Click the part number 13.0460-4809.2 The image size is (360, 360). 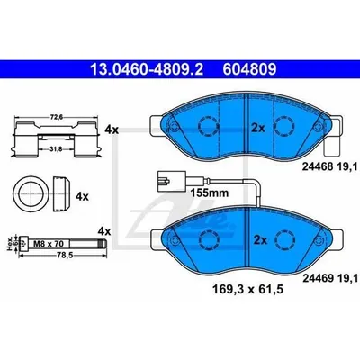(x=147, y=69)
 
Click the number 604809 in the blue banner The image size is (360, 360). (x=249, y=69)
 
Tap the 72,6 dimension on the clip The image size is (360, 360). (x=56, y=117)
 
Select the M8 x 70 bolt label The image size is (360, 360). (x=46, y=243)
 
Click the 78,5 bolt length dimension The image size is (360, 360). (x=61, y=255)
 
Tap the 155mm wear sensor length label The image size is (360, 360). (x=210, y=193)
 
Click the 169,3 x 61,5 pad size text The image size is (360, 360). (x=248, y=290)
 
